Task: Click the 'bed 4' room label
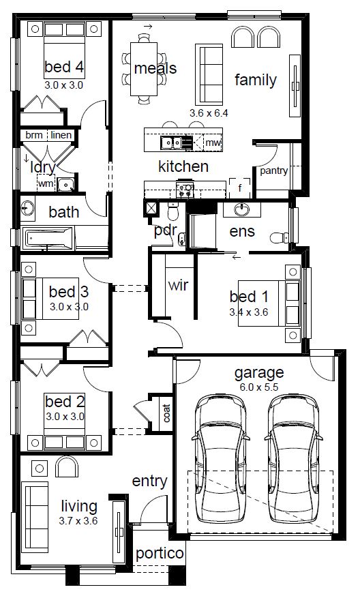coord(64,67)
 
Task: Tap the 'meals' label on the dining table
coord(155,68)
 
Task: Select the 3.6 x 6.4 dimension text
coord(209,113)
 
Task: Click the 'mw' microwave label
coord(213,143)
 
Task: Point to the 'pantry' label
coord(273,170)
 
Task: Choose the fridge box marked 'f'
coord(240,188)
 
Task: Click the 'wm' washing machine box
coord(46,183)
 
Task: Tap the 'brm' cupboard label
coord(34,135)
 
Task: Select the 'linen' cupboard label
coord(61,135)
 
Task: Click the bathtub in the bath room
coord(48,238)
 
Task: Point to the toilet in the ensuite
coord(280,238)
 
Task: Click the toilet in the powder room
coord(173,211)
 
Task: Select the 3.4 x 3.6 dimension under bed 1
coord(249,312)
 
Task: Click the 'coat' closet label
coord(166,413)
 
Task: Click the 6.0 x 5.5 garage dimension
coord(259,387)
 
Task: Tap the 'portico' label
coord(160,554)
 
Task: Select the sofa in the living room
coord(35,517)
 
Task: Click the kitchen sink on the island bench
coord(171,143)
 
